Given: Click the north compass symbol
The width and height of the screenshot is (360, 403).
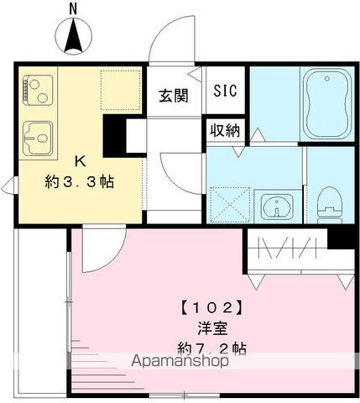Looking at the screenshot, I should click(x=73, y=36).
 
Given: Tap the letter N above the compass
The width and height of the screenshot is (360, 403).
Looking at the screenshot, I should click(x=73, y=9).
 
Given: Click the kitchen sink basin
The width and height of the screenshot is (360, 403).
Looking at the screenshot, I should click(x=38, y=133).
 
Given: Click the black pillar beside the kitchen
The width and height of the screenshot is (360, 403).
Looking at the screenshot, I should click(x=114, y=134).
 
